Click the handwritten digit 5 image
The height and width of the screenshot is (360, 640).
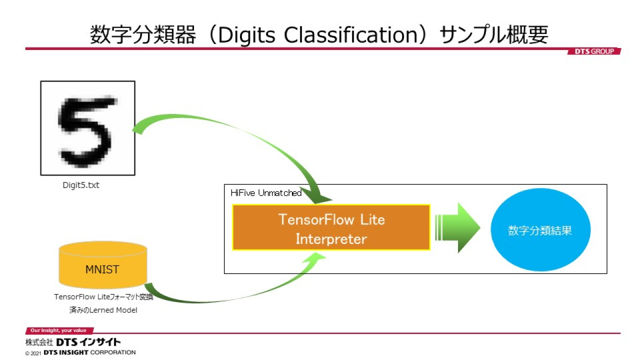[x=87, y=128]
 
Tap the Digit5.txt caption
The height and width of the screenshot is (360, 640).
[x=81, y=185]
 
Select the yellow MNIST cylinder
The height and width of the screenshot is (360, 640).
[x=103, y=265]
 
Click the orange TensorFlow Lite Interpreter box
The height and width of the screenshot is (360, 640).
[x=331, y=227]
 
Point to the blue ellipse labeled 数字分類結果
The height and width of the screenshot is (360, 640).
[x=540, y=229]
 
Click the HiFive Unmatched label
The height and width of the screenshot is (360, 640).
[x=266, y=193]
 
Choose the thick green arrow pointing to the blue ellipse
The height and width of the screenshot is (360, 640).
[x=457, y=227]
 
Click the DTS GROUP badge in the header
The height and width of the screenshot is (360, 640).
[x=594, y=51]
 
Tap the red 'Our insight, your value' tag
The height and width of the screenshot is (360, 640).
[x=59, y=330]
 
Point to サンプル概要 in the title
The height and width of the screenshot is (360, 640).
[x=493, y=35]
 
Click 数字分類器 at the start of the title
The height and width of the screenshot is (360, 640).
[x=143, y=35]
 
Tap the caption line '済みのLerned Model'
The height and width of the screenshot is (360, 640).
[x=103, y=310]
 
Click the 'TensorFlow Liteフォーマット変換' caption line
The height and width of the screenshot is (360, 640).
[x=103, y=297]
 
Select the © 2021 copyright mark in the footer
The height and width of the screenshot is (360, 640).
[x=33, y=353]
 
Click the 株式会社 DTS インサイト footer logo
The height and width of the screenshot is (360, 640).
[x=73, y=342]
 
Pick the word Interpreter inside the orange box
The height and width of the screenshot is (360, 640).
[x=331, y=239]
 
